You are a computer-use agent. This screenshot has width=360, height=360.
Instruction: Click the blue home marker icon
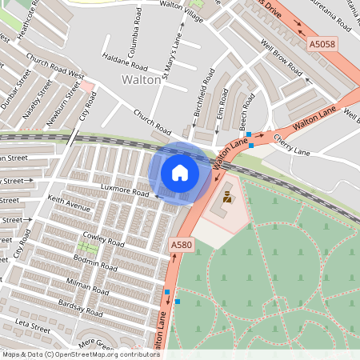[180, 173]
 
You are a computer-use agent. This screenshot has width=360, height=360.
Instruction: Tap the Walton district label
[141, 80]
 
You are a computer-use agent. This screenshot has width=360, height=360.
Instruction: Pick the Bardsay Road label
[78, 307]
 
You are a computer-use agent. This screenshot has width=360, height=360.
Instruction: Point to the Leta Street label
[33, 326]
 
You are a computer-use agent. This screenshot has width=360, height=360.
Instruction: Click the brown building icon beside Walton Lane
[227, 197]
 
